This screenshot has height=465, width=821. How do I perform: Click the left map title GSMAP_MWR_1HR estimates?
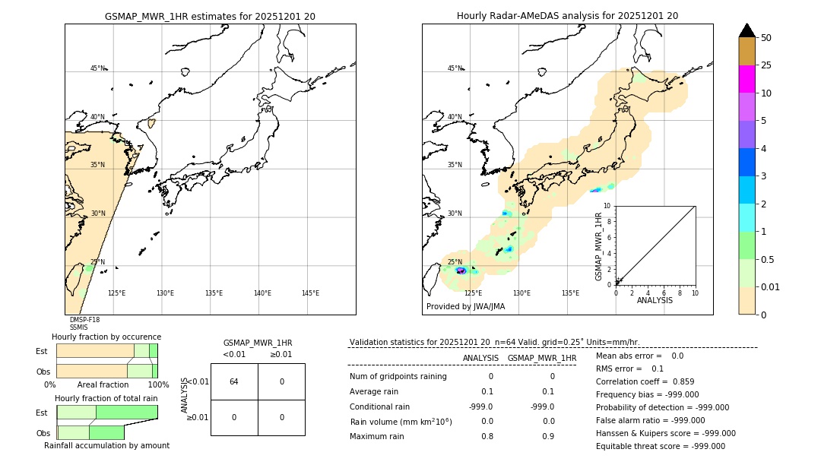[x=210, y=16]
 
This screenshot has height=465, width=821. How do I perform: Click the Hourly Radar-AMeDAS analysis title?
[x=567, y=16]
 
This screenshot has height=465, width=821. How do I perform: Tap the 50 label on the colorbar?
[x=766, y=38]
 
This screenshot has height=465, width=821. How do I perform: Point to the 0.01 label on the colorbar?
[x=771, y=286]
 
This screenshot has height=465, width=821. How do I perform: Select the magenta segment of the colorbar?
[x=747, y=79]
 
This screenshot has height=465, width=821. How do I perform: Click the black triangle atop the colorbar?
[x=747, y=30]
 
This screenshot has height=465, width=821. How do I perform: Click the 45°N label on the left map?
[x=97, y=68]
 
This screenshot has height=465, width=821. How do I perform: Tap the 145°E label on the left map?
[x=310, y=293]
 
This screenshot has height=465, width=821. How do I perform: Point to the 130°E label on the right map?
[x=521, y=293]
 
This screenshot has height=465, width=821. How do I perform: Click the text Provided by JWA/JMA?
[x=465, y=307]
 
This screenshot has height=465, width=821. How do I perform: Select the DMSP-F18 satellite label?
[x=84, y=320]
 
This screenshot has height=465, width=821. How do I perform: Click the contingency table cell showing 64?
[x=234, y=381]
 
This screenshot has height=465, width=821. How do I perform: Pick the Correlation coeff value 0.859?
[x=677, y=381]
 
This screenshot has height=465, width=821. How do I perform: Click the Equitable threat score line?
[x=660, y=446]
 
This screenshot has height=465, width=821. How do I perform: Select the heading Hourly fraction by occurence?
[x=106, y=337]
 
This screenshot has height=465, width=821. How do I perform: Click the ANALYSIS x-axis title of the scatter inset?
[x=655, y=300]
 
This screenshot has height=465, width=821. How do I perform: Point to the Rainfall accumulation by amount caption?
[x=106, y=445]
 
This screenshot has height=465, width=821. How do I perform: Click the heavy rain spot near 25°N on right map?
[x=461, y=270]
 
